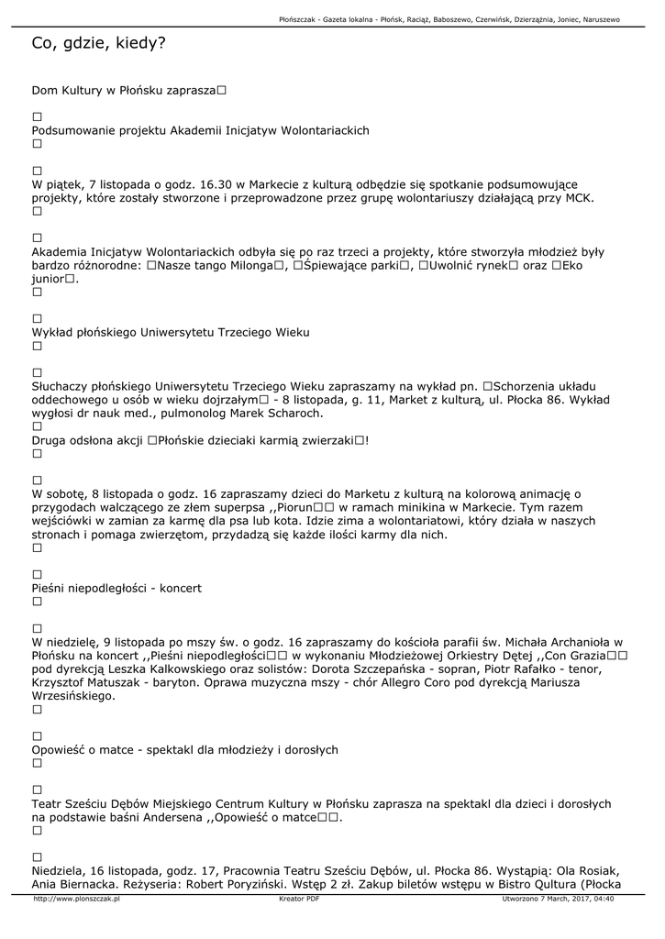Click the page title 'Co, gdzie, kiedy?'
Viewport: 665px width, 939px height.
pos(98,43)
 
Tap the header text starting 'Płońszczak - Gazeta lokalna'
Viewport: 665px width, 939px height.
pos(449,19)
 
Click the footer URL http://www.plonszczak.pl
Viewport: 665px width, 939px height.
pos(77,899)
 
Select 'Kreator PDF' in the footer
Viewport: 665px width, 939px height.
pos(299,899)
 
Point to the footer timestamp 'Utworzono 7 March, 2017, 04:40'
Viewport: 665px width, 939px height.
pos(558,899)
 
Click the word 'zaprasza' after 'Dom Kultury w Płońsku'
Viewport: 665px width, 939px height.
pos(192,91)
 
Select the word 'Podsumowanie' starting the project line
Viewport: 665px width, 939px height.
pos(72,130)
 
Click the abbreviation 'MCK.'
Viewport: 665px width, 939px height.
pos(579,197)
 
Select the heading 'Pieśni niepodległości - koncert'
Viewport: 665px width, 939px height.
pos(116,587)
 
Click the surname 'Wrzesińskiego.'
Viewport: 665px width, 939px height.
pos(73,695)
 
